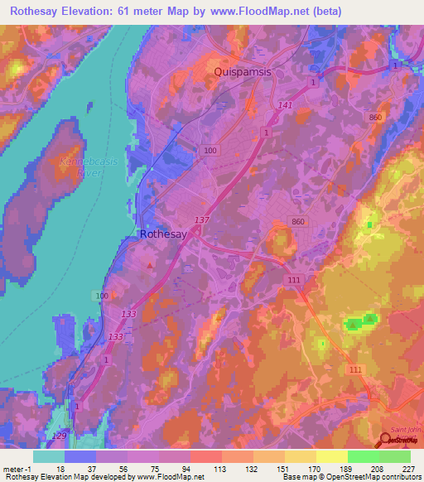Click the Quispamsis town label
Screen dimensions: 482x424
(248, 72)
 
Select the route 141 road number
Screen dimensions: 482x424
(286, 105)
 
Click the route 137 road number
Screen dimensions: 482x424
(200, 219)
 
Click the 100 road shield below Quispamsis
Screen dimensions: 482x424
(210, 150)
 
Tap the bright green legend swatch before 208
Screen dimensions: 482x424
(364, 455)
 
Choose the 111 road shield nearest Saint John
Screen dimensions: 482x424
(356, 369)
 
